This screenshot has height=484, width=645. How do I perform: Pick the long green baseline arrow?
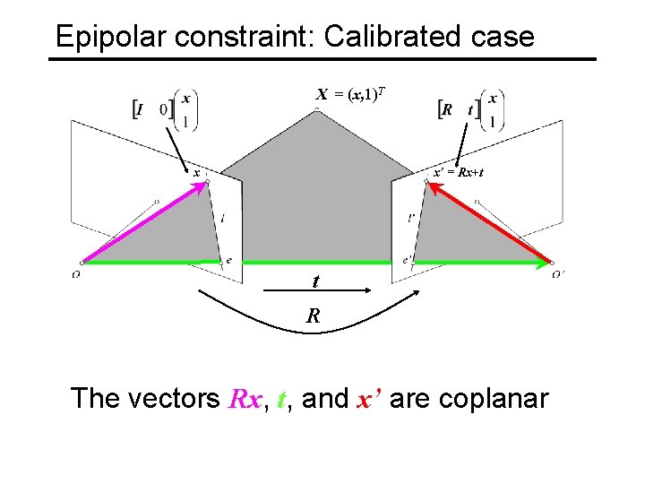[314, 262]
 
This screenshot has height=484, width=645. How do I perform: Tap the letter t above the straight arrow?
[315, 281]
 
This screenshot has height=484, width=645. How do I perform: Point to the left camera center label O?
[76, 274]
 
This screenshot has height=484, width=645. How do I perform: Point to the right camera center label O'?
[558, 274]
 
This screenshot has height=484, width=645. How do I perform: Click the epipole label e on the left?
[228, 261]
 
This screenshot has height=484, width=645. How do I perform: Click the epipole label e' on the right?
[407, 261]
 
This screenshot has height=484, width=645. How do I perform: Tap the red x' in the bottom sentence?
[367, 398]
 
